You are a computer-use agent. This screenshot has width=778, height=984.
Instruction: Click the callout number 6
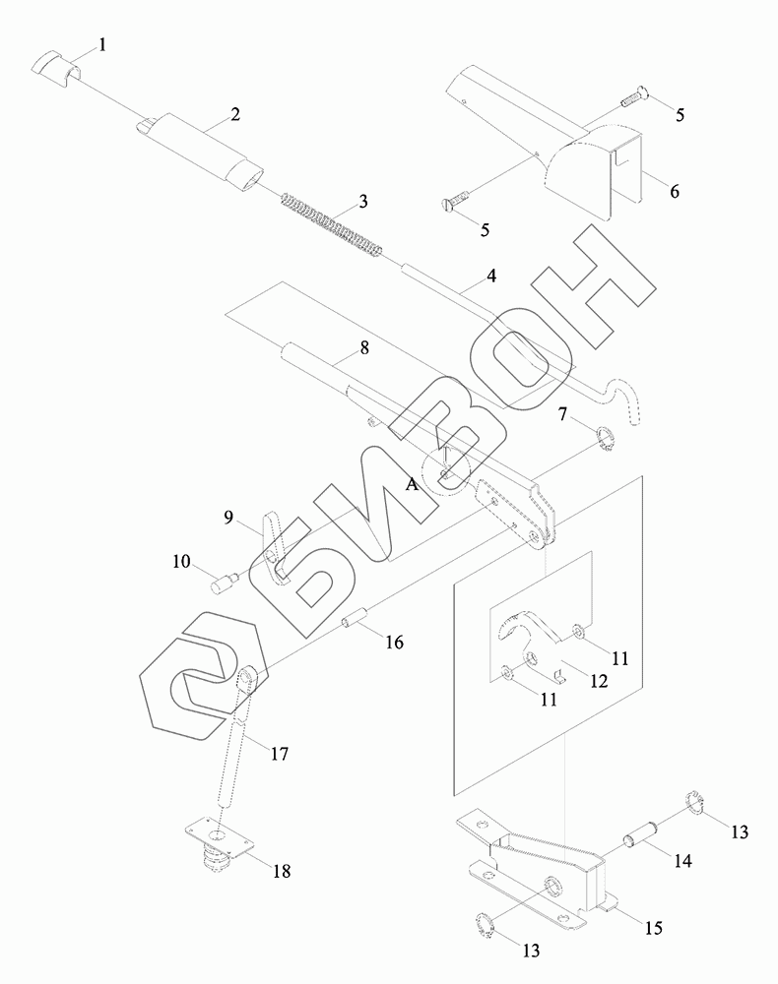tap(675, 191)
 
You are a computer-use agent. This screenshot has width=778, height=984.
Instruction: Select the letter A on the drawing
tap(414, 484)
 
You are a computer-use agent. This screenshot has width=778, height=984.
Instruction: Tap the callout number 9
tap(227, 516)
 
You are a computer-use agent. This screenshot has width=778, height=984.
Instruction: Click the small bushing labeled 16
tap(356, 622)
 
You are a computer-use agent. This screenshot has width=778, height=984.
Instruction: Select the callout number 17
tap(280, 755)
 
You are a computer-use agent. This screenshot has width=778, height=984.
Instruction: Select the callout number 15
tap(654, 928)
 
